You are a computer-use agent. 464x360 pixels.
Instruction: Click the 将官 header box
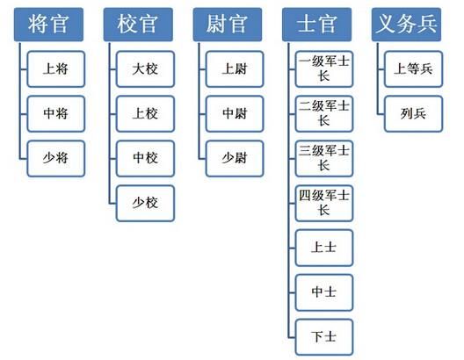[47, 24]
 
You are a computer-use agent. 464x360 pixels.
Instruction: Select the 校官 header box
[137, 24]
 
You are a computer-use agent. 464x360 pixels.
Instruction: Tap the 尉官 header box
[227, 24]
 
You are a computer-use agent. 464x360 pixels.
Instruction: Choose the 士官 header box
[316, 24]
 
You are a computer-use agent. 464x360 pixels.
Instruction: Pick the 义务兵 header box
[404, 24]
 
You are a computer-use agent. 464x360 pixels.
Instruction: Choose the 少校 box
[145, 203]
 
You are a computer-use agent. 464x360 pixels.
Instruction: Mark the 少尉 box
[235, 157]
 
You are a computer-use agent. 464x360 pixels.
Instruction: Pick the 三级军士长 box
[324, 157]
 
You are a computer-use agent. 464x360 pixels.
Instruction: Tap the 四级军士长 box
[324, 203]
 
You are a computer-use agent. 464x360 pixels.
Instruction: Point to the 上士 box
[324, 248]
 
